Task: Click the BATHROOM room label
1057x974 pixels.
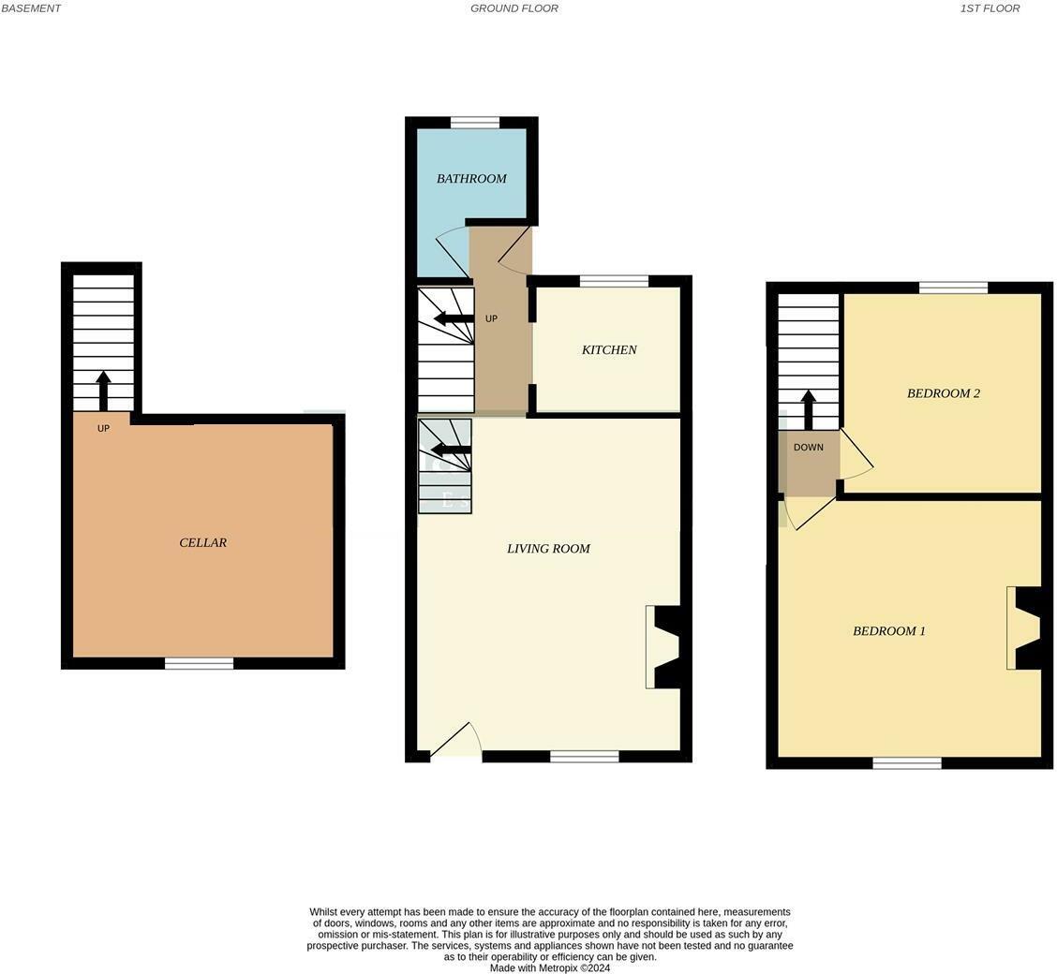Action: [x=471, y=179]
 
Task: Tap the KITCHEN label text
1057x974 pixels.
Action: [x=609, y=350]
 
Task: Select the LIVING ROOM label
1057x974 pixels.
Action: [x=548, y=549]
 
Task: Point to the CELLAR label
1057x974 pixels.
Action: [x=202, y=543]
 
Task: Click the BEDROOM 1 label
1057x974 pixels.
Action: [x=888, y=631]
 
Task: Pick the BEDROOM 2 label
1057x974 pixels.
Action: [x=943, y=393]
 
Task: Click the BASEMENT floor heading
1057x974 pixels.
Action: [x=31, y=8]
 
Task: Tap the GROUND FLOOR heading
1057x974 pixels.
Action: [x=514, y=8]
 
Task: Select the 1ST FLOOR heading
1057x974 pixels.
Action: [x=990, y=8]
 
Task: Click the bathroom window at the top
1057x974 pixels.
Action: [x=474, y=123]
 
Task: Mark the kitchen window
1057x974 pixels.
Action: [x=614, y=281]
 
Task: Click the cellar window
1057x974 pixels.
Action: [x=199, y=664]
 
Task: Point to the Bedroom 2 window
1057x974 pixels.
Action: [x=953, y=288]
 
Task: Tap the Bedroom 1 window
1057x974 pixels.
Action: [x=906, y=763]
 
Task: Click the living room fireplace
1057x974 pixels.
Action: [x=663, y=647]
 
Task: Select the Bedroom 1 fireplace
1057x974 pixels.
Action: [x=1025, y=628]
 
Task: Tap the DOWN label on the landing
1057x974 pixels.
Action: [x=808, y=448]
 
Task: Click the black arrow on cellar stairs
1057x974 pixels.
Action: [x=103, y=391]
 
